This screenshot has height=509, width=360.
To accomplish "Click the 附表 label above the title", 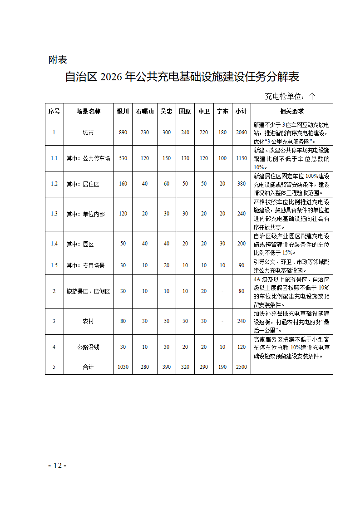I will pyautogui.click(x=58, y=60).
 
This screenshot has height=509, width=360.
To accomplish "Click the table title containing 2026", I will pyautogui.click(x=182, y=77).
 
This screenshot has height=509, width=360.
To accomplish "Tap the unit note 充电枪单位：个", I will pyautogui.click(x=290, y=96).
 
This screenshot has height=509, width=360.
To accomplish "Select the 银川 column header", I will pyautogui.click(x=123, y=111).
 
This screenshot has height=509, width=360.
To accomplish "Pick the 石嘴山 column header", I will pyautogui.click(x=145, y=111).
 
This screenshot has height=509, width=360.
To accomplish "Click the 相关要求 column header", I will pyautogui.click(x=291, y=111).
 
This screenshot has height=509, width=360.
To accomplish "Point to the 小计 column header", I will pyautogui.click(x=242, y=111).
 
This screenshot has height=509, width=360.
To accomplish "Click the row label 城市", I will pyautogui.click(x=89, y=132).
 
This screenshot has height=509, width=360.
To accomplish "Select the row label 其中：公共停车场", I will pyautogui.click(x=89, y=158).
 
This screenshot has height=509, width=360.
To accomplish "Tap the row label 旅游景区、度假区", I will pyautogui.click(x=89, y=291).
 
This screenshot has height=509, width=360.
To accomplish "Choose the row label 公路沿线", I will pyautogui.click(x=89, y=347).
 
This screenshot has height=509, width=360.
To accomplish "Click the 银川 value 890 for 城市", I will pyautogui.click(x=123, y=132).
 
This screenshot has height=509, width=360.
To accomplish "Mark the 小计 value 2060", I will pyautogui.click(x=242, y=132).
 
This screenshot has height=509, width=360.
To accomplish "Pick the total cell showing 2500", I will pyautogui.click(x=242, y=367).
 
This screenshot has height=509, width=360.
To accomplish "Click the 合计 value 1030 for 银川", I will pyautogui.click(x=123, y=367).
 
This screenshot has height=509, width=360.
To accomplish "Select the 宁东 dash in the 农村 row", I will pyautogui.click(x=222, y=321).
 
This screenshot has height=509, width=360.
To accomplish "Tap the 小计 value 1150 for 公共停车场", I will pyautogui.click(x=242, y=158).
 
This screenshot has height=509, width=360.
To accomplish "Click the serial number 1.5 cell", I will pyautogui.click(x=54, y=265).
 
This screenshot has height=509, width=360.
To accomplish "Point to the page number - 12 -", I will pyautogui.click(x=57, y=466).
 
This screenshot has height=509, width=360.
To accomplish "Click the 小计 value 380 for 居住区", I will pyautogui.click(x=242, y=184).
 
